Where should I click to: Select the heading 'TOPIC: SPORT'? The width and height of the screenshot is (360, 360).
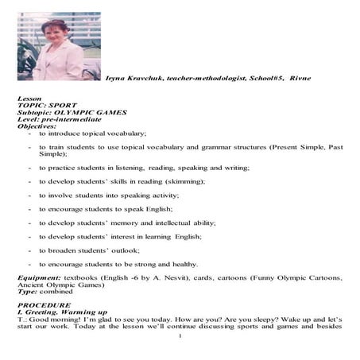click(x=50, y=104)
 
